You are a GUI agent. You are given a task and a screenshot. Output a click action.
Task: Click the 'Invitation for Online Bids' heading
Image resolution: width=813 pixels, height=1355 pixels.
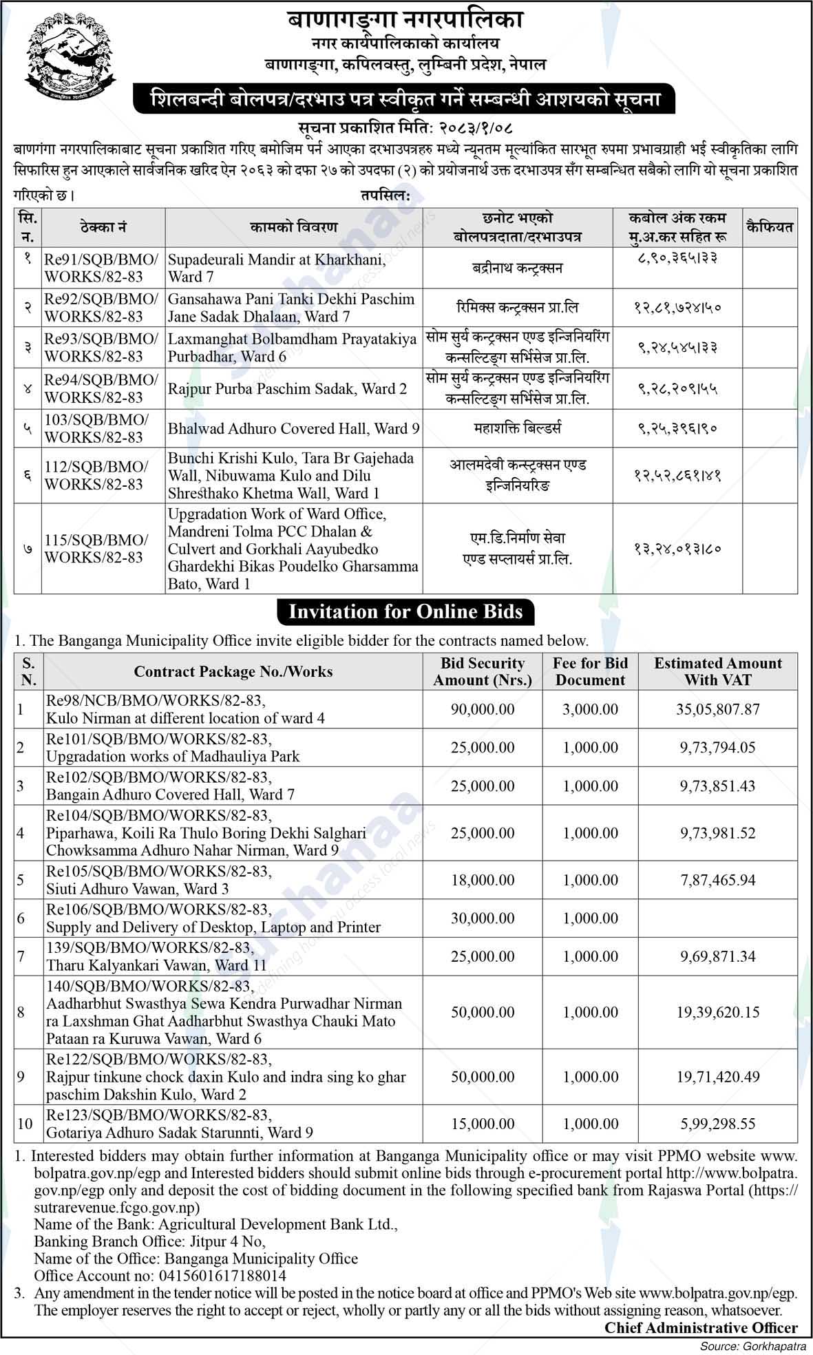(x=405, y=611)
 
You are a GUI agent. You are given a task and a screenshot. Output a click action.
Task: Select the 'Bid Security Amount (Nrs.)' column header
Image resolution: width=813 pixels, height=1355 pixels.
(x=482, y=671)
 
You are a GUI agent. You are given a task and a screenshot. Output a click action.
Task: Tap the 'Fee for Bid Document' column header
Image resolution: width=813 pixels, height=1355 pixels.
(x=590, y=671)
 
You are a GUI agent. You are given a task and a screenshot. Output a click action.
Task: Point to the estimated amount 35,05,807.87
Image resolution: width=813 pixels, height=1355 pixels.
(x=717, y=709)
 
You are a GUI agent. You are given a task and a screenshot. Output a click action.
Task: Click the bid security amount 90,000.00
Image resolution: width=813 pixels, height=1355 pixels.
(x=482, y=709)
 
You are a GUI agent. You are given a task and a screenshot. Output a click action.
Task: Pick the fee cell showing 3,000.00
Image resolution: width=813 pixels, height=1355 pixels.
(x=590, y=709)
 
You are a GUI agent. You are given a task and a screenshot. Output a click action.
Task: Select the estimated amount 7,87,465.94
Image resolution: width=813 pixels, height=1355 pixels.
(x=717, y=880)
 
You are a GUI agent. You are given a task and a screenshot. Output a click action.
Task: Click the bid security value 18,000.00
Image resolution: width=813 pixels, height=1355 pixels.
(x=482, y=880)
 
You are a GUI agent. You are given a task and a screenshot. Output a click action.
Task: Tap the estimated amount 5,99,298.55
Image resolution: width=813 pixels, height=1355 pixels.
(x=717, y=1124)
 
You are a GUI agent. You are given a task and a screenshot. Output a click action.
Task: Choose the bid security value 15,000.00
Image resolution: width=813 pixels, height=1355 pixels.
(x=482, y=1124)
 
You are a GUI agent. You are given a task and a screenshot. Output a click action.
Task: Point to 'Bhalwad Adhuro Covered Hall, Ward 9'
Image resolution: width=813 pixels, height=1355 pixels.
(x=293, y=428)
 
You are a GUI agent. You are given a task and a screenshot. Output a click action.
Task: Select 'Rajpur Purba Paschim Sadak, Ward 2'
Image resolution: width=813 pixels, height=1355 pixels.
(x=287, y=388)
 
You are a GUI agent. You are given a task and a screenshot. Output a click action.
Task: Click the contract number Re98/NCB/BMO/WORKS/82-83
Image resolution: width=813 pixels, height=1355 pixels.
(x=156, y=700)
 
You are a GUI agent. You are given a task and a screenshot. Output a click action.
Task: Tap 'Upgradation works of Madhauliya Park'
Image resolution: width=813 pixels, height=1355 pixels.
(x=173, y=756)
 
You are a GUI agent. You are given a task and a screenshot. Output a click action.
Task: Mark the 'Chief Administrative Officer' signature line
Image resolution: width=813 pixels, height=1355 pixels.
(x=701, y=1327)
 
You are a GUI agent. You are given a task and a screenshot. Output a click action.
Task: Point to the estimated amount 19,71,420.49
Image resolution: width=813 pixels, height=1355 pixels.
(x=717, y=1076)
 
